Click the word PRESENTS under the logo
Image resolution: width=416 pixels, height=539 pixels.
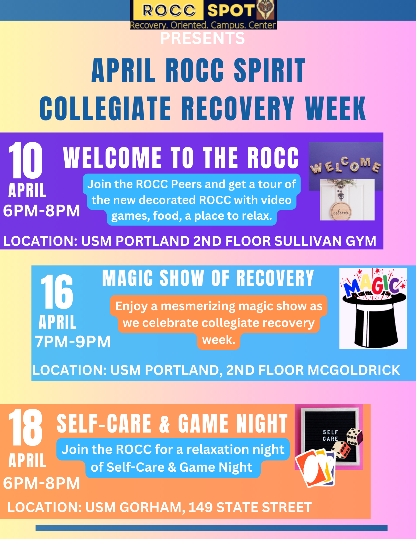[202, 38]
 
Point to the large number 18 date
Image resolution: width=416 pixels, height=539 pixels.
[25, 428]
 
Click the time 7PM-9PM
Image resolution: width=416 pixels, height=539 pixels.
[73, 342]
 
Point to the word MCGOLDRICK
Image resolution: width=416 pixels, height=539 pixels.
[354, 370]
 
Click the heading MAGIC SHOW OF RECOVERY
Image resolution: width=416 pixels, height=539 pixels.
[208, 278]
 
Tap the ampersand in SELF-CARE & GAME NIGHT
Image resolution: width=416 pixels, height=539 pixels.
[165, 424]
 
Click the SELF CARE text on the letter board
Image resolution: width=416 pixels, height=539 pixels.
[330, 435]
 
